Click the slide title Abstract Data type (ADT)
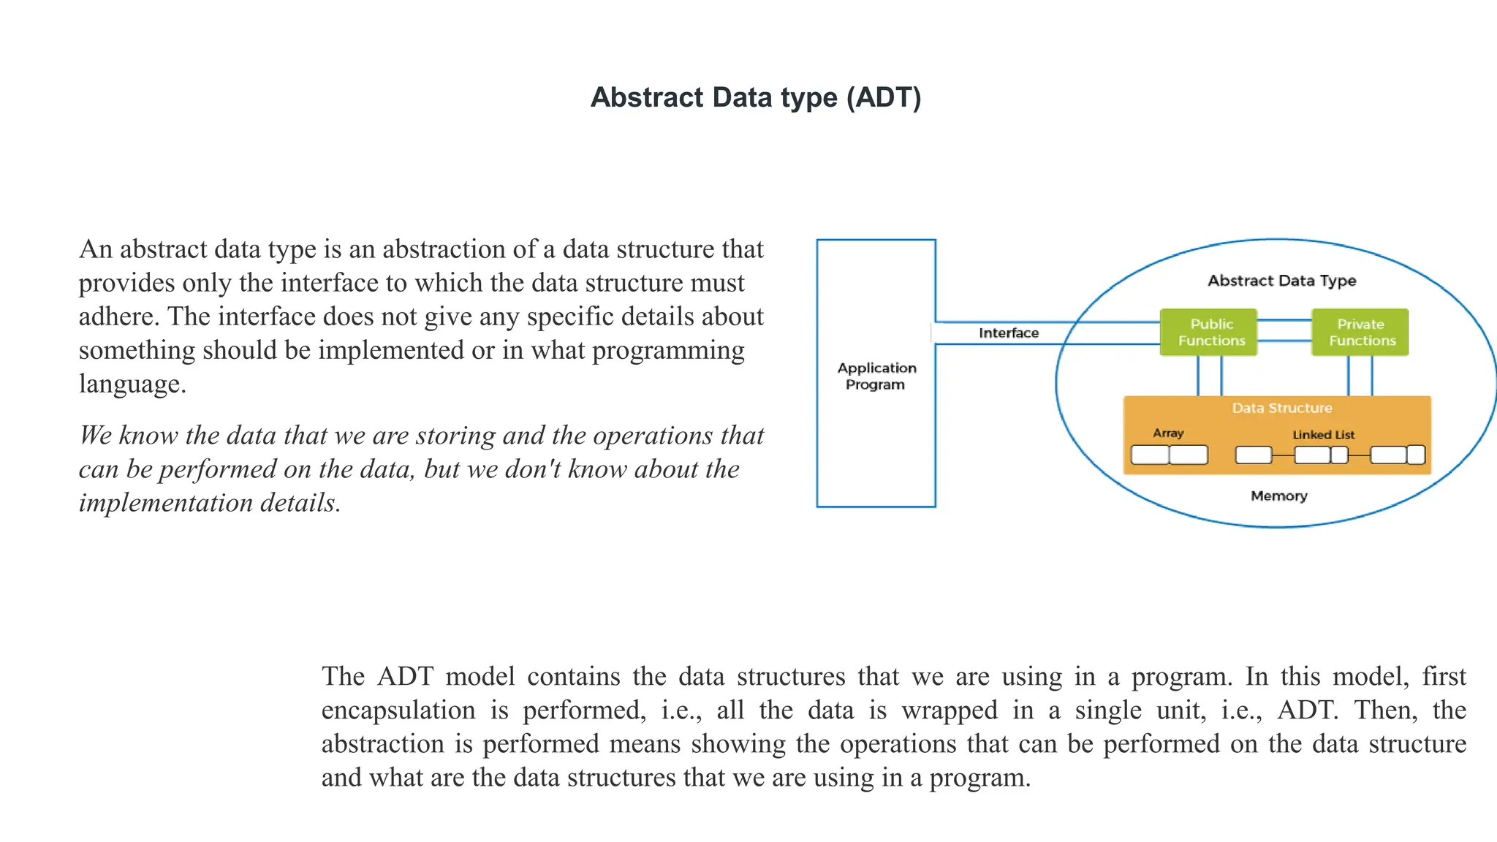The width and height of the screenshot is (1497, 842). (x=756, y=97)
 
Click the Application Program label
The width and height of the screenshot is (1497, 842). (x=876, y=376)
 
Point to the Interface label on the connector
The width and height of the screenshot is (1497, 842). (x=1008, y=333)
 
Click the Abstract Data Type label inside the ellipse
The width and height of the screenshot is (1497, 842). (x=1281, y=281)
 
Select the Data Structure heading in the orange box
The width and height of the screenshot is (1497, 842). (x=1281, y=408)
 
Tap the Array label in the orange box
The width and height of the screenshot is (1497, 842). (x=1168, y=433)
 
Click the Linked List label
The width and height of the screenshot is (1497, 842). (x=1323, y=435)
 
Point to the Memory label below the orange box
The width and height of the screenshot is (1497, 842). (x=1278, y=496)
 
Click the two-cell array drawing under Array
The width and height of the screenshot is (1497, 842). (x=1169, y=455)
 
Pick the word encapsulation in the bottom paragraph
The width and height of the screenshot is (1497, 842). (x=398, y=710)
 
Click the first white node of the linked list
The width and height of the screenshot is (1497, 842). (x=1254, y=455)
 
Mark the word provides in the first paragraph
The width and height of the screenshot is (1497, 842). (x=126, y=284)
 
